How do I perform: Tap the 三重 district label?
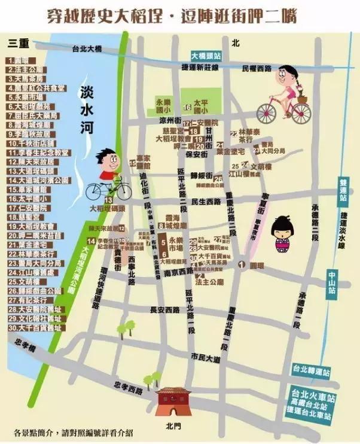[x=18, y=44]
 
